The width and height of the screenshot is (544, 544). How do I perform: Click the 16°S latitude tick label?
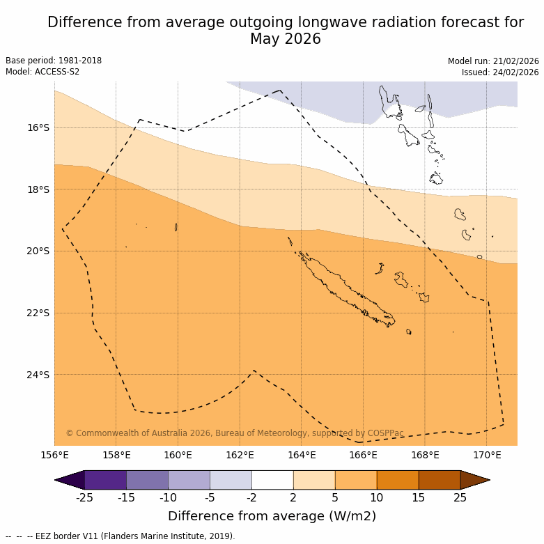(x=38, y=127)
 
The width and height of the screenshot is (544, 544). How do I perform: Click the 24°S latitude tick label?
(x=38, y=375)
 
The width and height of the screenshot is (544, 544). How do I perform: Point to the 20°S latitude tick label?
(x=38, y=251)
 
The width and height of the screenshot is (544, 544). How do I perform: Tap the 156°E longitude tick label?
(x=54, y=456)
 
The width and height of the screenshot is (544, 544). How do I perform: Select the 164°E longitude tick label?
(x=302, y=456)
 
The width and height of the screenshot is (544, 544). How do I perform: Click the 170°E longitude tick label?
(x=487, y=456)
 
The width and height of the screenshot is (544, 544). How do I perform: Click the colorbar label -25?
(x=84, y=497)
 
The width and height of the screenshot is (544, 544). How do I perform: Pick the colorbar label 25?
(x=460, y=497)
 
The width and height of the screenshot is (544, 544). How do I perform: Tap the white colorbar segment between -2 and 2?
(x=272, y=480)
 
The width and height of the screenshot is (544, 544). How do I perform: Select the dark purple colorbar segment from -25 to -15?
(x=105, y=480)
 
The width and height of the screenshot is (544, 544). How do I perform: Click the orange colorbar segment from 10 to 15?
(x=398, y=480)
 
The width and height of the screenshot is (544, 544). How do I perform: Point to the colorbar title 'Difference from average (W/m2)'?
(x=272, y=516)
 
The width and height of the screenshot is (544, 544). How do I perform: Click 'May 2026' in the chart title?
(x=286, y=39)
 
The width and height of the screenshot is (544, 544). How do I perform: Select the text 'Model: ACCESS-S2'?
(x=42, y=72)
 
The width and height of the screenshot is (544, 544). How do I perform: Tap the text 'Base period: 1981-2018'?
(x=54, y=61)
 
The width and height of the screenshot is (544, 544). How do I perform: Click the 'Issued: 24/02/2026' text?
(x=500, y=72)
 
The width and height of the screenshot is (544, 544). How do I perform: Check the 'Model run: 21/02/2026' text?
(x=493, y=61)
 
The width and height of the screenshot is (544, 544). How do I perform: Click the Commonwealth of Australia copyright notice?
(x=235, y=433)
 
